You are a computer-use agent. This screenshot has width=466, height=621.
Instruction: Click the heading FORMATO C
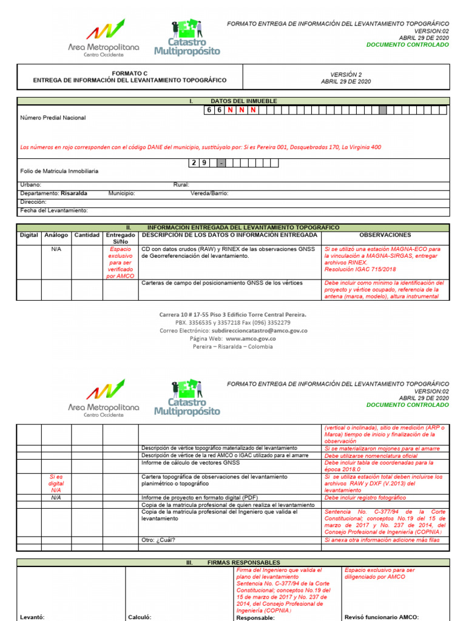(x=129, y=73)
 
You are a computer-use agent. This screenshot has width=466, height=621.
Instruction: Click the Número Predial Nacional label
(x=53, y=118)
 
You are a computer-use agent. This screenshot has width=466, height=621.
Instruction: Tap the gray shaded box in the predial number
(x=382, y=110)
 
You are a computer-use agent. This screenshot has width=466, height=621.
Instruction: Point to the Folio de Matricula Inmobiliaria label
(x=59, y=172)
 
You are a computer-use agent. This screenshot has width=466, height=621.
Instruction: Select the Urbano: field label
(x=31, y=184)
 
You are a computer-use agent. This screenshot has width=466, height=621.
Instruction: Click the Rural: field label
(x=181, y=184)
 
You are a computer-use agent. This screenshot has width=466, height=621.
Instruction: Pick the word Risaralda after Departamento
(x=74, y=193)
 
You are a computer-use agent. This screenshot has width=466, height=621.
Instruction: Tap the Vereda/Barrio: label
(x=210, y=193)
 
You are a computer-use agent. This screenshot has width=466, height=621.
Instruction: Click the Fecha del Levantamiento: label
(x=54, y=210)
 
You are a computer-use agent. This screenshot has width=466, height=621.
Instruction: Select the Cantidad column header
(x=87, y=235)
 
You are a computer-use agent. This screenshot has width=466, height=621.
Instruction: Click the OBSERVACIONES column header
(x=385, y=235)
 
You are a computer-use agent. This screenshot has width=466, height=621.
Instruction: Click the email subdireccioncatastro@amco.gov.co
(x=249, y=331)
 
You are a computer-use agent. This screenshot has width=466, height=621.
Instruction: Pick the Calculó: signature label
(x=139, y=617)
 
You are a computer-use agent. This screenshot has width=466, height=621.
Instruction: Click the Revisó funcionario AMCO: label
(x=382, y=617)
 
